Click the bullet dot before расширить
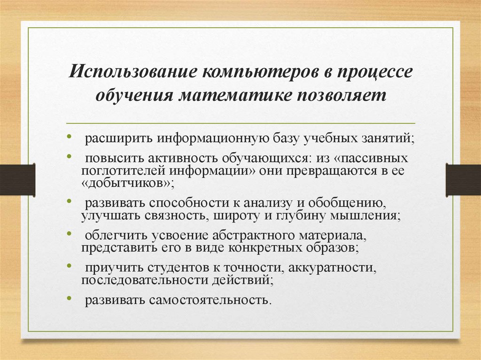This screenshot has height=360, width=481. tap(69, 137)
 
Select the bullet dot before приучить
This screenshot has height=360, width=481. tap(69, 265)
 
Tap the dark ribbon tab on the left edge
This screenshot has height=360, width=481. tap(17, 179)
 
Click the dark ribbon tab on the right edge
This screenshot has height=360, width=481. tap(463, 179)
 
